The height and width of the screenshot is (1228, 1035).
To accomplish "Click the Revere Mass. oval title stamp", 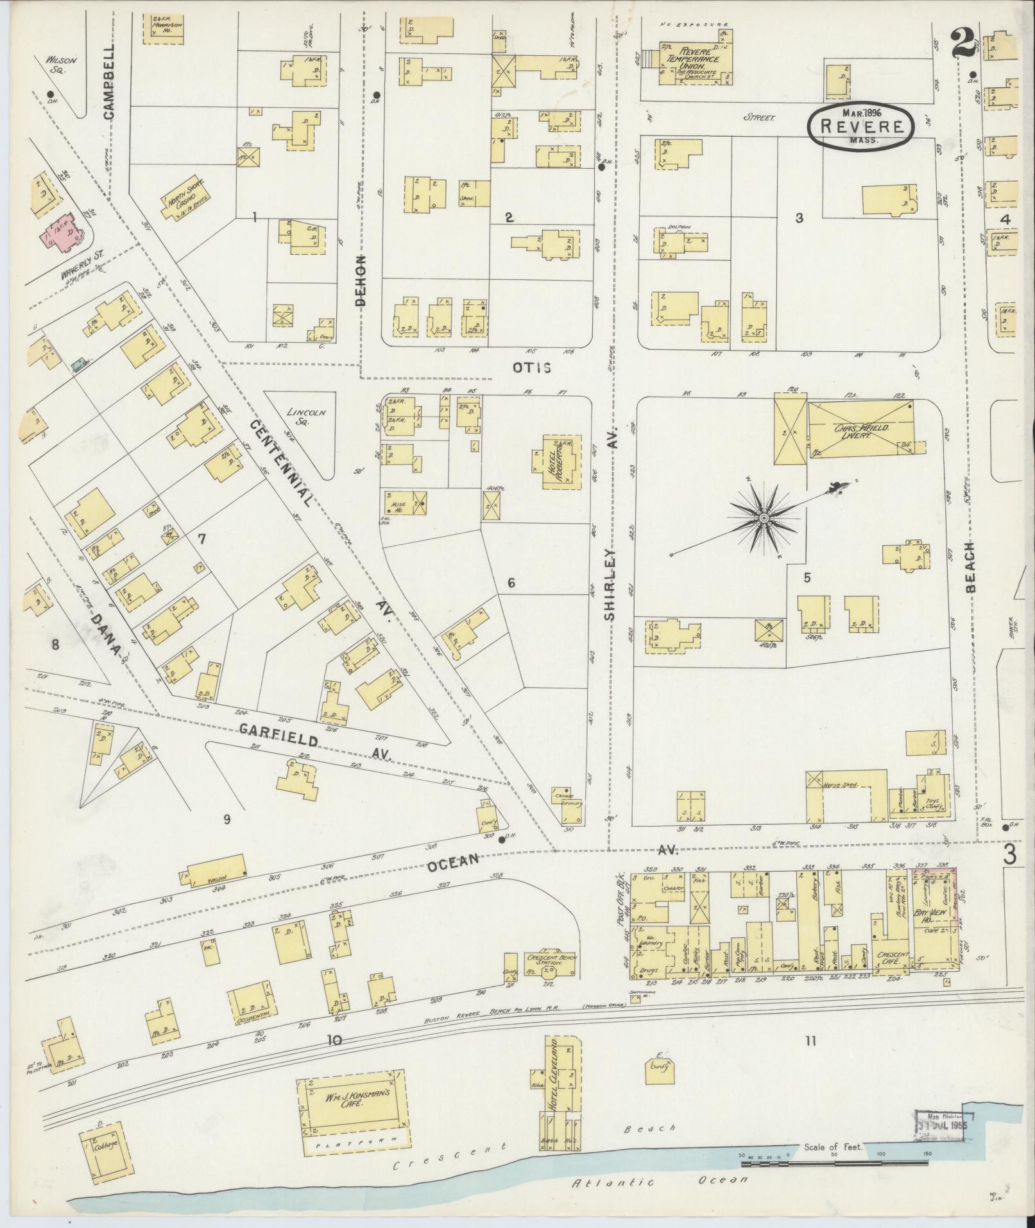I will click(x=859, y=126).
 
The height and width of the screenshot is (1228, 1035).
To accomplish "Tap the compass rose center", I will click(x=764, y=517).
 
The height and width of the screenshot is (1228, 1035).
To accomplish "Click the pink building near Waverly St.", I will click(x=63, y=232).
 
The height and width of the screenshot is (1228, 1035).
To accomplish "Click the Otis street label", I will click(x=531, y=367).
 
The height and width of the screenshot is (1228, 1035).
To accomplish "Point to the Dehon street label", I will click(x=362, y=279).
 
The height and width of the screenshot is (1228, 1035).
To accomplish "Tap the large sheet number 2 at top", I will click(x=963, y=43).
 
